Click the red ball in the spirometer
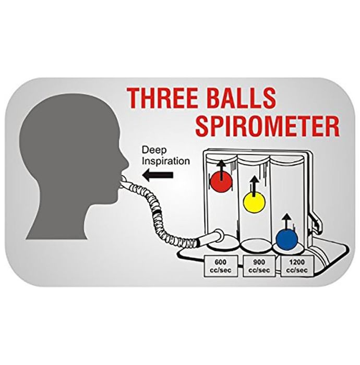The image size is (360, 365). (221, 181)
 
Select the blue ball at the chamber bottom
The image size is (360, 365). (286, 239)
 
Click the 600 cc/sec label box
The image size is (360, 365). (221, 266)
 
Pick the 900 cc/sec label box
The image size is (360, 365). (259, 266)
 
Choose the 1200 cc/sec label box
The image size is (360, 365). (297, 266)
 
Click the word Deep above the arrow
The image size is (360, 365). (154, 151)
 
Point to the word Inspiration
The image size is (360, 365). (166, 161)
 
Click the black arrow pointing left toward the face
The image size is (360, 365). (158, 175)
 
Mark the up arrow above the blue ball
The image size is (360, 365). (286, 222)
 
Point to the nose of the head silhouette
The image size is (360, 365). (126, 162)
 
